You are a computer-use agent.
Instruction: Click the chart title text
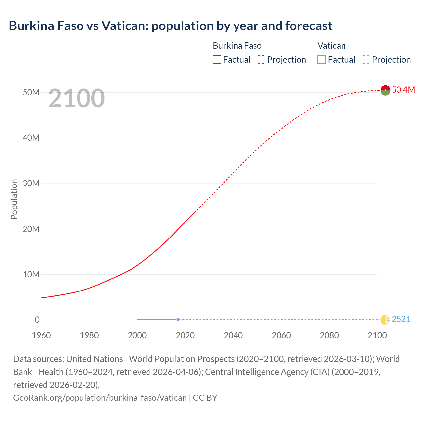(x=170, y=26)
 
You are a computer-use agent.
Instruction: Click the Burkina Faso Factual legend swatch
(x=217, y=60)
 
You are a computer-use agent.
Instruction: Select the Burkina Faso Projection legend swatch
(x=261, y=60)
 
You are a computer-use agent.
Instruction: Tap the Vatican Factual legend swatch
(x=321, y=60)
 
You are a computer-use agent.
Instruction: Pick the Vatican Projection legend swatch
(x=366, y=60)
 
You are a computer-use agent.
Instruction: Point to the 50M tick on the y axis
(x=31, y=92)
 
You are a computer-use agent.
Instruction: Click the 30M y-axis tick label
(x=31, y=183)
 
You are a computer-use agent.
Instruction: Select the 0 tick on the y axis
(x=37, y=320)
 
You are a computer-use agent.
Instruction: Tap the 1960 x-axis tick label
(x=41, y=335)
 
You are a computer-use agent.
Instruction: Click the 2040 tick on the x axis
(x=233, y=335)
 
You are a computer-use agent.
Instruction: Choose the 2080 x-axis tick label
(x=329, y=335)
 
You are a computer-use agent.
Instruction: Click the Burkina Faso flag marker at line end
(x=385, y=90)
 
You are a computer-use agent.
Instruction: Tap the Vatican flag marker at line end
(x=385, y=320)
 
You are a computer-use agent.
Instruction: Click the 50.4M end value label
(x=403, y=90)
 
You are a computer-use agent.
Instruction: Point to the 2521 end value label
(x=401, y=319)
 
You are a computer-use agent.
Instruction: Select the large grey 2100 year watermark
(x=77, y=98)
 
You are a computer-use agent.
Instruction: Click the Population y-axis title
(x=14, y=199)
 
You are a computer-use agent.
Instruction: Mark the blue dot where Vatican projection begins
(x=178, y=320)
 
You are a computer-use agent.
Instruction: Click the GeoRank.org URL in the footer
(x=100, y=397)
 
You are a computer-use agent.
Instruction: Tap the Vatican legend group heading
(x=331, y=46)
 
